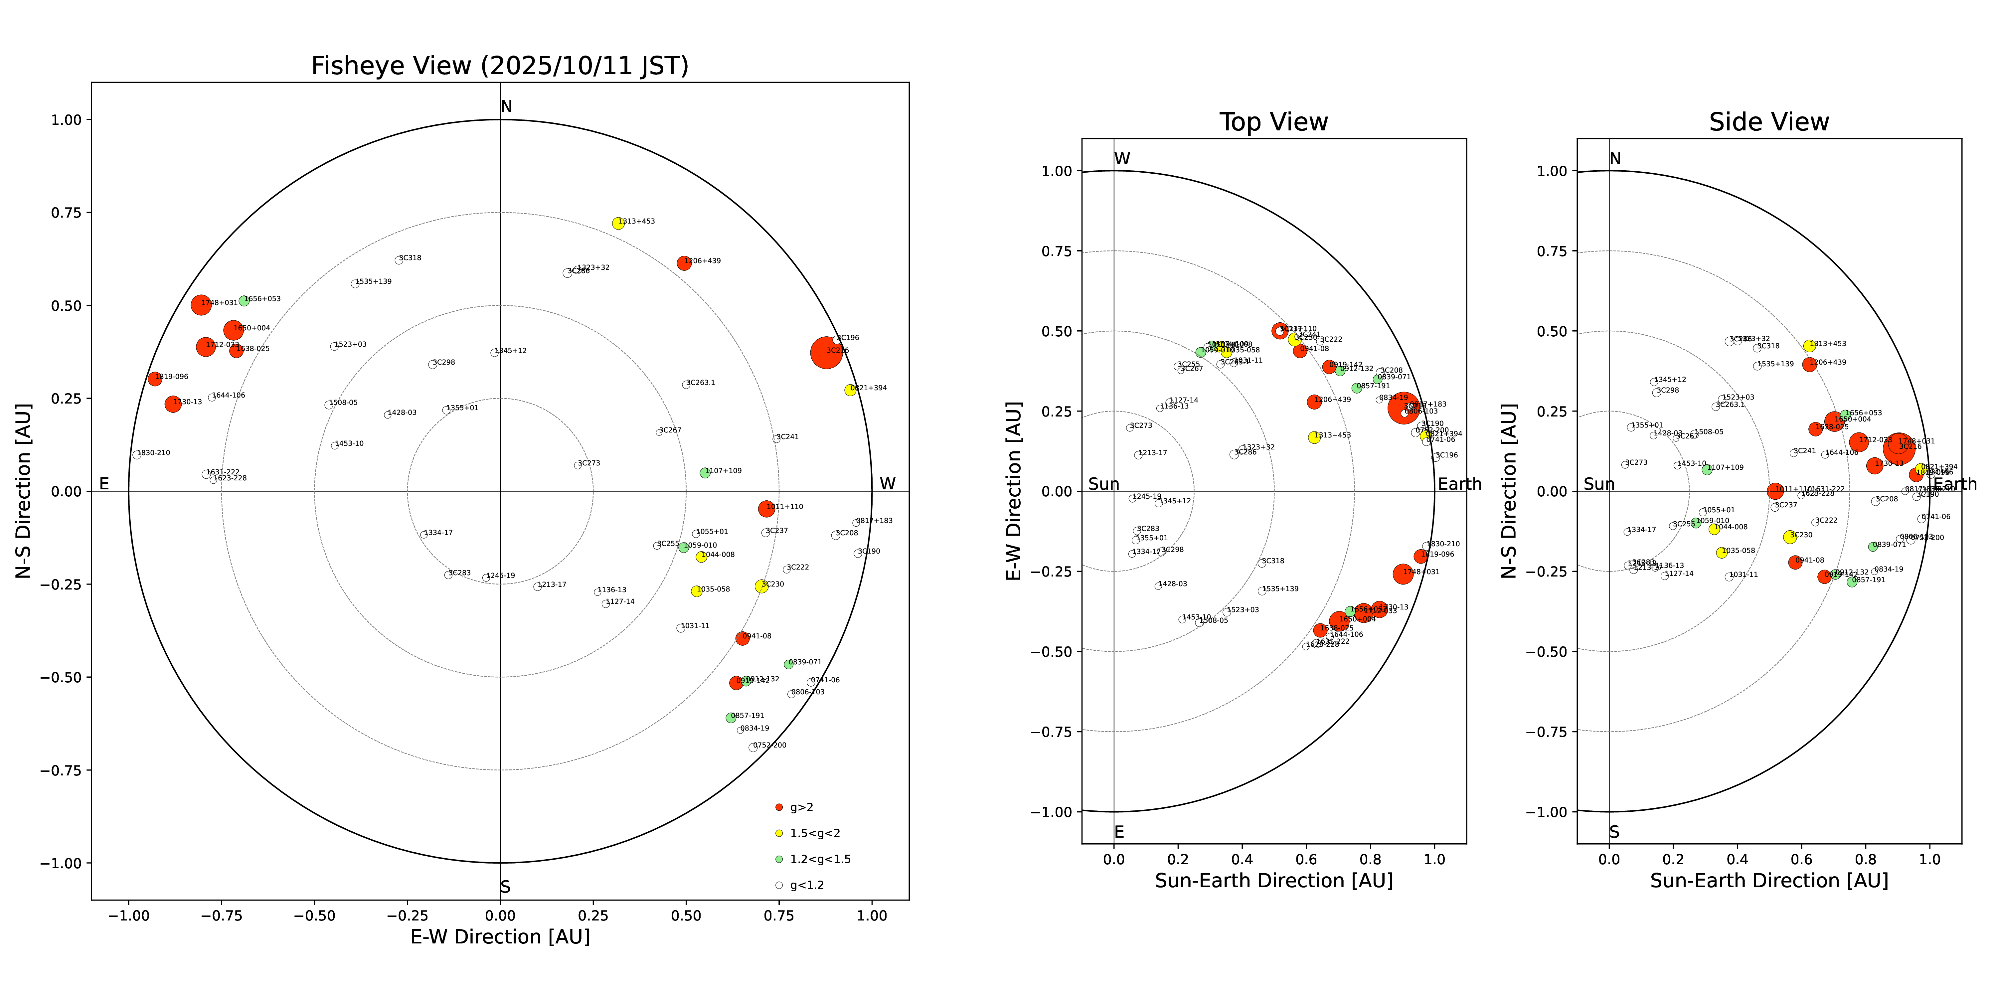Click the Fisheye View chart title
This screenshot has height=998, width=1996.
click(500, 66)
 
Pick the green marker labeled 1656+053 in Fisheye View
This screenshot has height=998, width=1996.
click(244, 301)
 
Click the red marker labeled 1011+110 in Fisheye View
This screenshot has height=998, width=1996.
click(766, 509)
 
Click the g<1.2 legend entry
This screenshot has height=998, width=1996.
click(806, 885)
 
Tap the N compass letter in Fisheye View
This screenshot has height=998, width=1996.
click(506, 107)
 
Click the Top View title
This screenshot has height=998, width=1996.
click(1273, 122)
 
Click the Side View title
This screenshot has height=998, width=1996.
click(1769, 122)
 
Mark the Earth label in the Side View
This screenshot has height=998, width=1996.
click(1955, 484)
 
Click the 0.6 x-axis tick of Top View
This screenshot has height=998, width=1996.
click(1306, 859)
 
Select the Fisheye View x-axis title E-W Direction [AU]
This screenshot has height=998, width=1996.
click(500, 937)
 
